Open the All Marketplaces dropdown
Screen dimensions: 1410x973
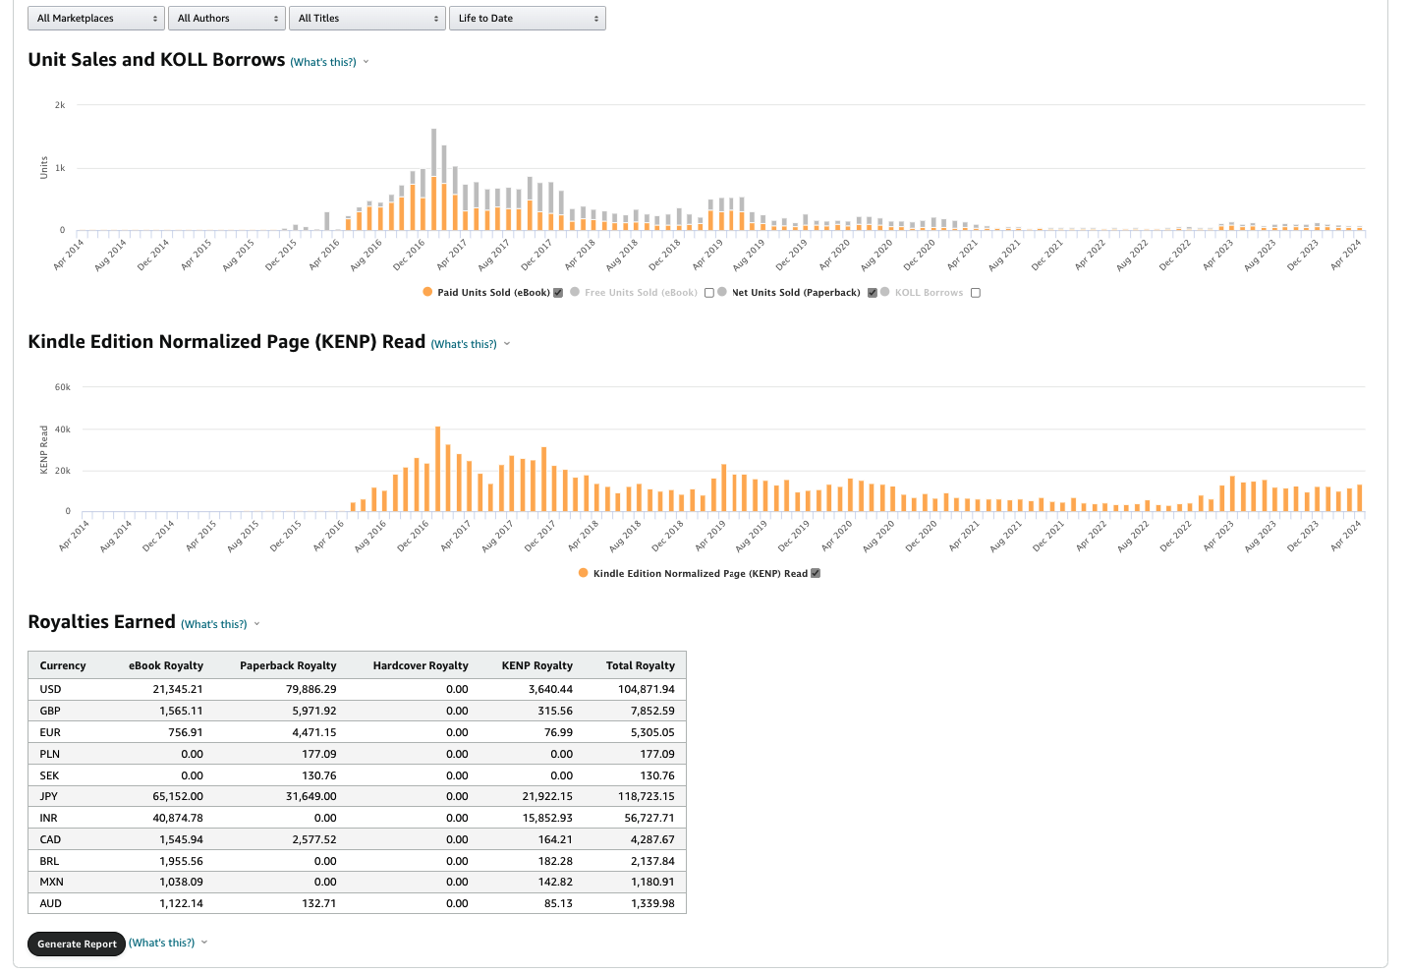click(96, 19)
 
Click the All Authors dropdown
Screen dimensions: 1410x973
click(227, 19)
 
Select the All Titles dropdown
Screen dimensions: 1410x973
click(367, 19)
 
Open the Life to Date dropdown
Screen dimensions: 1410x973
click(528, 19)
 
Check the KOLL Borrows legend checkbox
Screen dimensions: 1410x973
click(976, 293)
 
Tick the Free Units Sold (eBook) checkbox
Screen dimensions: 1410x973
click(709, 293)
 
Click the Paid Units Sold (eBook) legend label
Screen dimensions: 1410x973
click(493, 292)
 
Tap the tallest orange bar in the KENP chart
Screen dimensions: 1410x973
click(437, 469)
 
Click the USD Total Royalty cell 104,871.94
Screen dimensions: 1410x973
click(646, 689)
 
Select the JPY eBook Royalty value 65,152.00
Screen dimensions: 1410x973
click(178, 796)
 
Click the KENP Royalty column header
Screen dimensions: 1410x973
click(536, 665)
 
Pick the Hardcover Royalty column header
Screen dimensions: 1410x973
click(421, 665)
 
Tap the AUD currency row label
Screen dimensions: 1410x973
click(50, 903)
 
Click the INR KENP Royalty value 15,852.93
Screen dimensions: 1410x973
click(547, 818)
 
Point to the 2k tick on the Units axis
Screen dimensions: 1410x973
click(60, 105)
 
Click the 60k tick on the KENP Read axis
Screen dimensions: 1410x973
click(62, 386)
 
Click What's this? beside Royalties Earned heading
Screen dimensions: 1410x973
click(214, 624)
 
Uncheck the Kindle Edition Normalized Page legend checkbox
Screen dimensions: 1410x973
click(816, 573)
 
